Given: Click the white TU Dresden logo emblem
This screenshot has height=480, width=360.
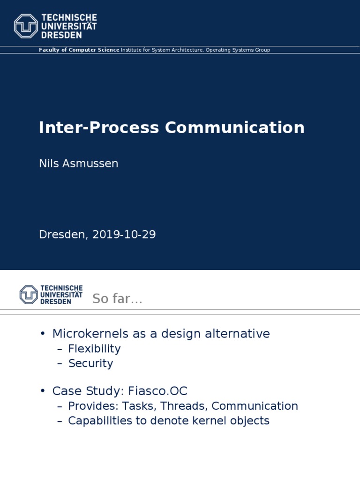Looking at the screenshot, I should click(x=26, y=26).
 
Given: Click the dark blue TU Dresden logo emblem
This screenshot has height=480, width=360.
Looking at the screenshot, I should click(x=29, y=294).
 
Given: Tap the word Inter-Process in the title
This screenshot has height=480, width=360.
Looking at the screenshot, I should click(x=98, y=128).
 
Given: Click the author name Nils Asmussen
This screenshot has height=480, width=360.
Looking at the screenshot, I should click(x=78, y=164).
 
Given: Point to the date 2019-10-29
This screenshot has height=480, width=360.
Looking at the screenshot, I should click(x=124, y=235).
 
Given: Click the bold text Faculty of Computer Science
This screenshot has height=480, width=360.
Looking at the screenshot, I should click(x=79, y=50).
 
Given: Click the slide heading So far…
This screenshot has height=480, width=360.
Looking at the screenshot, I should click(x=117, y=299).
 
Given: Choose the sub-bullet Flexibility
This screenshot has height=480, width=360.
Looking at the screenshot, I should click(x=94, y=349).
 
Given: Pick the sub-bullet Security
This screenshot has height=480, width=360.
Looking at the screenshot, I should click(x=90, y=363).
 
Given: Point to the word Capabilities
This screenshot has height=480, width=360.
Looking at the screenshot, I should click(x=98, y=420).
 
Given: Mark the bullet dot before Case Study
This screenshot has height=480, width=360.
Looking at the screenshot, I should click(x=43, y=391).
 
